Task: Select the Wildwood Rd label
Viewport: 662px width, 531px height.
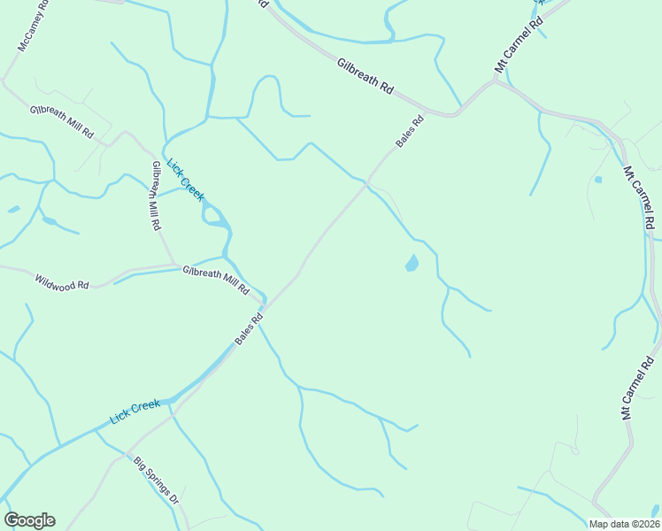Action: coord(62,282)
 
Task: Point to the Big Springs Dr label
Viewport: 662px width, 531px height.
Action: coord(157,481)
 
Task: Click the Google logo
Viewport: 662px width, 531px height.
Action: coord(29,520)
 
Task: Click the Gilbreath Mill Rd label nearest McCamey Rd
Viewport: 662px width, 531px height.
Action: coord(61,121)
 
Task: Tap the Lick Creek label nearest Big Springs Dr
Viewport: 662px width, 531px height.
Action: coord(135,411)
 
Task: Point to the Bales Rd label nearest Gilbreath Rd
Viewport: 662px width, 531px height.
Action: coord(410,130)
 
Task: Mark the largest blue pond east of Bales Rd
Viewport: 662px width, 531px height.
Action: coord(412,263)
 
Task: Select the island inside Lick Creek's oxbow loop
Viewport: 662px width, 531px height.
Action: coord(214,214)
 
